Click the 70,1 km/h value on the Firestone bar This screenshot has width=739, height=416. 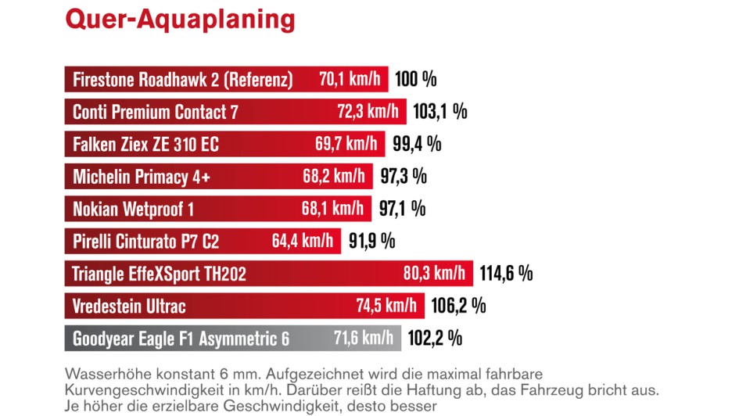coord(350,79)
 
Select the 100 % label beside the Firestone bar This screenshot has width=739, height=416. coord(415,79)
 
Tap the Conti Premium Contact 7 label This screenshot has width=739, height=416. coord(155,112)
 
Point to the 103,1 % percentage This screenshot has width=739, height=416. coord(439,111)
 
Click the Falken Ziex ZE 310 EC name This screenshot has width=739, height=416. coord(145,145)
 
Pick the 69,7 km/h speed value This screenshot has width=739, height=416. coord(346,144)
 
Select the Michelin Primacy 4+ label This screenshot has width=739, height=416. coord(142,177)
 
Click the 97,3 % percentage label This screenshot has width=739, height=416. coord(404,176)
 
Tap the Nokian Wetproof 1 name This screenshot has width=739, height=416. coord(133,209)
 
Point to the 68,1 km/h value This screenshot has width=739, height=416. coord(332,208)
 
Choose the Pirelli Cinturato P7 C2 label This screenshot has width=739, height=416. coord(145,242)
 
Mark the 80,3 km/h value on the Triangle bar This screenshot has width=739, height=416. coord(435,274)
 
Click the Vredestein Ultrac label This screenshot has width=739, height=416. coord(129,306)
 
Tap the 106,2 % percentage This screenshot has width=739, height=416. coord(458,305)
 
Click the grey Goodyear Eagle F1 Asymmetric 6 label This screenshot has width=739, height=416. coord(181,339)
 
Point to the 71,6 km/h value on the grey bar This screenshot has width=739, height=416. coord(364,338)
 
